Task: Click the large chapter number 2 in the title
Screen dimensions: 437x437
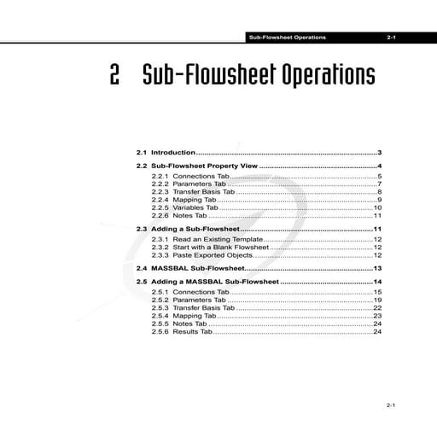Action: [x=114, y=75]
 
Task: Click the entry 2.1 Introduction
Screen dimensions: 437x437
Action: [x=166, y=151]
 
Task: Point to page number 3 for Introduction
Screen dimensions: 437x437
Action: [x=378, y=151]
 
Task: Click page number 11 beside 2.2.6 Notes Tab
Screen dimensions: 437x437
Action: [x=376, y=216]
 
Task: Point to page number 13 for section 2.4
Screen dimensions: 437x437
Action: [x=376, y=268]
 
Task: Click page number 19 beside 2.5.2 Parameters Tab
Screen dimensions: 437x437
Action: [x=376, y=300]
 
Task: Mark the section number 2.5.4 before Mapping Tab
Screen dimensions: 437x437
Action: [x=160, y=316]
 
